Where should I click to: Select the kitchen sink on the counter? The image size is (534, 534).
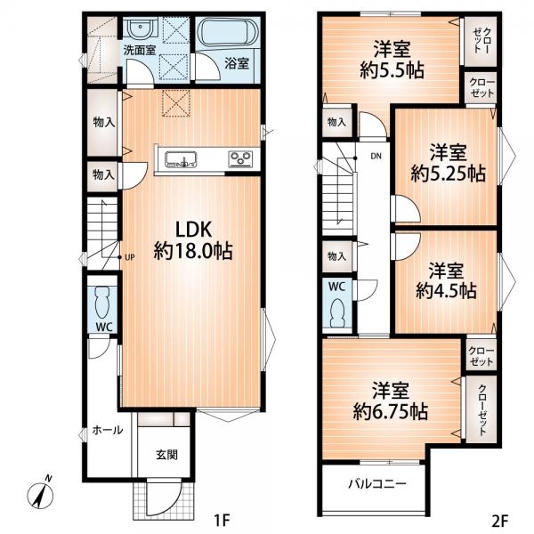coord(181,159)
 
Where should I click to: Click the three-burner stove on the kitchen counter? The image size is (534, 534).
coord(241,159)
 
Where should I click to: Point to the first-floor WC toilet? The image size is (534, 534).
coord(102,303)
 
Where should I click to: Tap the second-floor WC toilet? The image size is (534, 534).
coord(337,313)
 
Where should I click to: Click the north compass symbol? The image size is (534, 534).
coord(41,491)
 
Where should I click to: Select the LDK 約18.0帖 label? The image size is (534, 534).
coord(193,240)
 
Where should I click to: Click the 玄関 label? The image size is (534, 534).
coord(167,455)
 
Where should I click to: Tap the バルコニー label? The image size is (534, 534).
coord(377,483)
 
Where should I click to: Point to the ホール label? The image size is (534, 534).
coord(108,430)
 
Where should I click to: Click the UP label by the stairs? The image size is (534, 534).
coord(130,257)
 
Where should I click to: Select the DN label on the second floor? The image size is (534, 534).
coord(376,157)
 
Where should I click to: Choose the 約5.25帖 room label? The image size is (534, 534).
coord(449,174)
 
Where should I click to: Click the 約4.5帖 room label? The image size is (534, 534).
coord(446,291)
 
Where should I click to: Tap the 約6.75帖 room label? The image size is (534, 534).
coord(391,411)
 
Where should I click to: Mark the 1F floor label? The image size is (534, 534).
coord(222,520)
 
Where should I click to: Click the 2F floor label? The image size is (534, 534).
coord(500,520)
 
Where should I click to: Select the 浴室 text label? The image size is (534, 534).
coord(237,64)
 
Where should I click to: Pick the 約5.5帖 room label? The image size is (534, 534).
coord(392,70)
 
